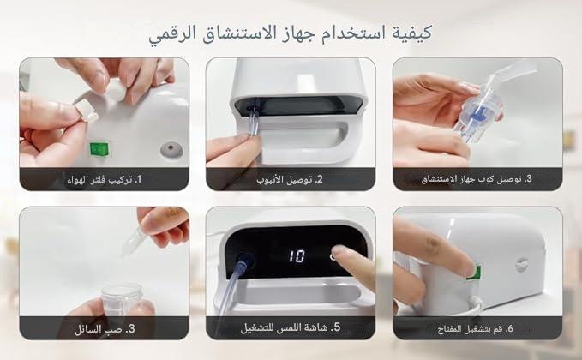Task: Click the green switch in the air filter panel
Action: [x=99, y=149]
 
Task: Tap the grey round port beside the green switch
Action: [x=171, y=149]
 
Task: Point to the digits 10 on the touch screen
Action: [x=297, y=255]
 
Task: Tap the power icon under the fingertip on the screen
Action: [x=333, y=256]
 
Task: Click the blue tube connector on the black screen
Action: [x=244, y=260]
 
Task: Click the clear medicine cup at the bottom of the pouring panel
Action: [x=122, y=299]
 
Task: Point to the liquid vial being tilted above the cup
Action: [x=132, y=241]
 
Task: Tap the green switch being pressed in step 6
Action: [x=475, y=272]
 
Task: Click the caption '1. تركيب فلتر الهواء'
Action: [x=105, y=180]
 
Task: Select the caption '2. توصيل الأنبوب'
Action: [x=290, y=180]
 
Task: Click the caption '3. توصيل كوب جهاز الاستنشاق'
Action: [x=477, y=179]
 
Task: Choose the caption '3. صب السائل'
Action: [x=105, y=329]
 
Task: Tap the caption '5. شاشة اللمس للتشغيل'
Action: [x=291, y=327]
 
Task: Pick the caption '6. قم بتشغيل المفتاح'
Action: [x=476, y=328]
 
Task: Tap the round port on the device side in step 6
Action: [x=521, y=265]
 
